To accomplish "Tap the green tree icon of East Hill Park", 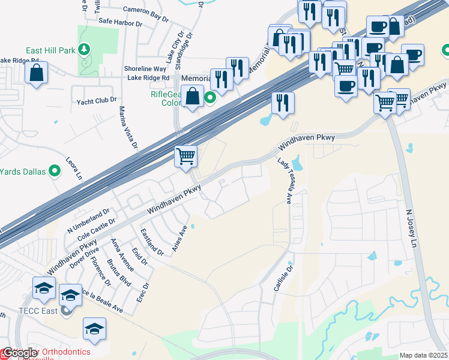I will [x=85, y=49].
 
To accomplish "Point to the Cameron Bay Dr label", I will [x=146, y=14].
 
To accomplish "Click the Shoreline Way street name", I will [x=145, y=69].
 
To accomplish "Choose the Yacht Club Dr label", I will [x=96, y=100].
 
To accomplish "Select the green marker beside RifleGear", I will [x=209, y=97].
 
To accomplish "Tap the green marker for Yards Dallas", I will [x=55, y=172].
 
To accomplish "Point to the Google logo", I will [x=20, y=352].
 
